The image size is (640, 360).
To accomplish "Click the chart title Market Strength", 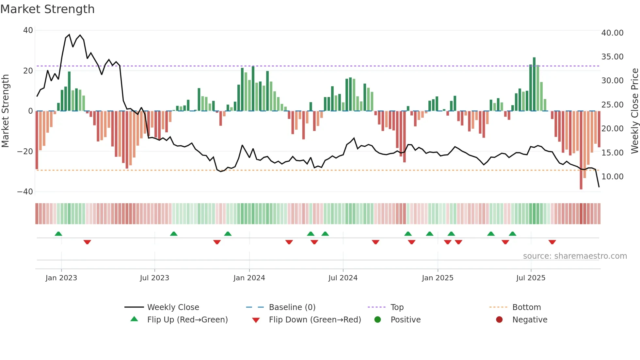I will click(x=48, y=9).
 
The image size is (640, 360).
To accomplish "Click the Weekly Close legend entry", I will click(x=173, y=307).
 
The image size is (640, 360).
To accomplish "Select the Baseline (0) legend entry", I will click(x=292, y=307).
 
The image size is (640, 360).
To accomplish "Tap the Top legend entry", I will click(x=397, y=307).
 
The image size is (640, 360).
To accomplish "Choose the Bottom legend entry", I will click(x=526, y=307).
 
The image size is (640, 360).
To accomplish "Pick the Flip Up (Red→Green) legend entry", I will click(x=187, y=319).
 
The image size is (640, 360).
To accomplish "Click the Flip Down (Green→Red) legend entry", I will click(x=315, y=319).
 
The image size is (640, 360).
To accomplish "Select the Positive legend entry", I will click(x=405, y=319).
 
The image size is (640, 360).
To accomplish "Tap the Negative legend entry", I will click(x=529, y=319).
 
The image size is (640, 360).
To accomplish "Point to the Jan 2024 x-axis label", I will click(x=249, y=278).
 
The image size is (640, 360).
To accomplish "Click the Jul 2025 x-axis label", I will click(x=531, y=278).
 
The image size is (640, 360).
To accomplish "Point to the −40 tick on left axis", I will click(x=25, y=192).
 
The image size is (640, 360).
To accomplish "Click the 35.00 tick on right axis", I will click(x=612, y=57).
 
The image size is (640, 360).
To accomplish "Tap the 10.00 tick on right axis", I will click(x=612, y=177).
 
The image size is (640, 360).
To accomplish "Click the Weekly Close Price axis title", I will click(x=634, y=111).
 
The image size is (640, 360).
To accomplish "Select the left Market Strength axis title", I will click(x=6, y=111).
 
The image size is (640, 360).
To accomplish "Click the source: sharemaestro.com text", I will click(x=575, y=256).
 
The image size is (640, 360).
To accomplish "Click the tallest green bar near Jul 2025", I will click(x=534, y=84).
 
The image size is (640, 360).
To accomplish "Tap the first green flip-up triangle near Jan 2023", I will click(x=58, y=234).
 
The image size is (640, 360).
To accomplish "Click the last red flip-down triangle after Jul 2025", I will click(x=552, y=242).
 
